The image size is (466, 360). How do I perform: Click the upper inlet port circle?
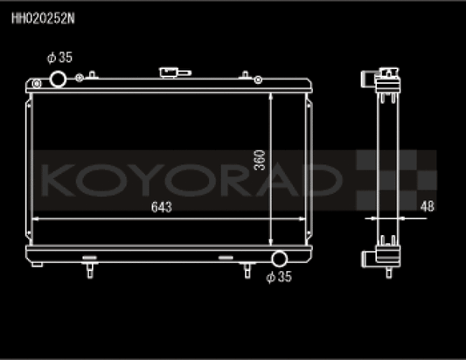pyautogui.click(x=59, y=80)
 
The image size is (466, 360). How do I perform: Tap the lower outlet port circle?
pyautogui.click(x=279, y=259)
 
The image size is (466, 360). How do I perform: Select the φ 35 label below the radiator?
pyautogui.click(x=278, y=278)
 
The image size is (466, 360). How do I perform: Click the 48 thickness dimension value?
pyautogui.click(x=426, y=207)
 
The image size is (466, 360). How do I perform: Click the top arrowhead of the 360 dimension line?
pyautogui.click(x=272, y=94)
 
